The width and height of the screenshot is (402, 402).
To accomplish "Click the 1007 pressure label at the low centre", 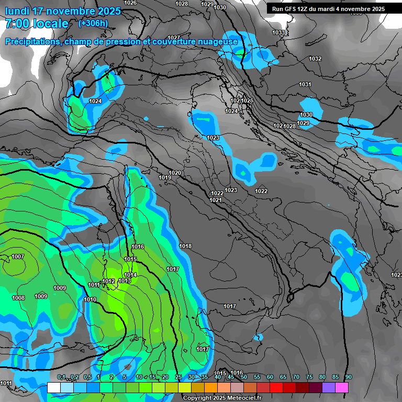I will pos(17,256).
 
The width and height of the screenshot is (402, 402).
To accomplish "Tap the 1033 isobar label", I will pos(278,33).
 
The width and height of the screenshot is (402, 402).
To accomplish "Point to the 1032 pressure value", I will pos(315,59).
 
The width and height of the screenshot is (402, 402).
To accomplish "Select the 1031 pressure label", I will pos(305,84).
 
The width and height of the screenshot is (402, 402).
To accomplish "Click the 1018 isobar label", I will pos(185,246).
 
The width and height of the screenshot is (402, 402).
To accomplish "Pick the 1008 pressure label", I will pos(18,298).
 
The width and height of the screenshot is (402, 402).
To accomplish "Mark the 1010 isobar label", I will pos(90,299).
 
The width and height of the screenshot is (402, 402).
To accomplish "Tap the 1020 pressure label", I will pos(175,173).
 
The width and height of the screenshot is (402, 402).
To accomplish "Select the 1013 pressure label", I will pos(125,281).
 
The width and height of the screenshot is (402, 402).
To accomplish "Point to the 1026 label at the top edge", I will pos(130,3).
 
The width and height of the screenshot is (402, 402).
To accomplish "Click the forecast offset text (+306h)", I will pos(93,24).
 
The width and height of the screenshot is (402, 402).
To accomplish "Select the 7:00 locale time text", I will pos(37,24).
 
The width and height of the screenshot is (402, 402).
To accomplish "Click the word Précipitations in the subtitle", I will pos(32,42).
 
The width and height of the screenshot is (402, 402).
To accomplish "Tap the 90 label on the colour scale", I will pos(348,377).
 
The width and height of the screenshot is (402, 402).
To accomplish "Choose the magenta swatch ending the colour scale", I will pos(342,387).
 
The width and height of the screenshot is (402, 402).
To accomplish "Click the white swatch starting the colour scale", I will pos(53,387).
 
